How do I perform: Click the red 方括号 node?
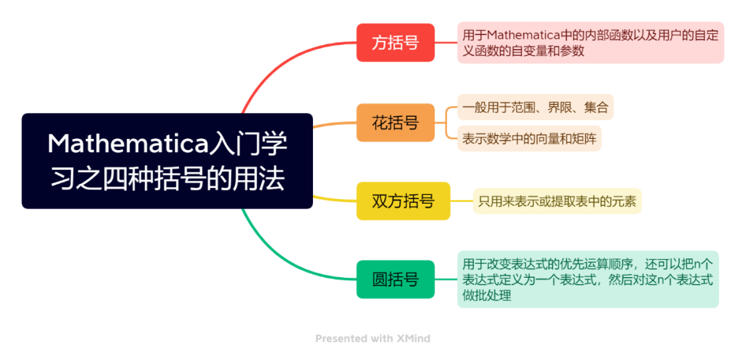pos(395,43)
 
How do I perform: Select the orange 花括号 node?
pos(395,123)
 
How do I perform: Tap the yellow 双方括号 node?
pos(403,201)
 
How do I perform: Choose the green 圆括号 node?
pos(395,279)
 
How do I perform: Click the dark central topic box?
pos(167,161)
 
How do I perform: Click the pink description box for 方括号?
pos(590,42)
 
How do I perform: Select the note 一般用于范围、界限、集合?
pos(535,107)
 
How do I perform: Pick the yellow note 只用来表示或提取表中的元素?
pos(557,201)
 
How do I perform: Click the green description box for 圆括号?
pos(587,279)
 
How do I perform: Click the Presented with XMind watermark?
pos(372,339)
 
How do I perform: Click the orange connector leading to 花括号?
pos(334,124)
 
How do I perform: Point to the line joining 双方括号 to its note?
pos(461,201)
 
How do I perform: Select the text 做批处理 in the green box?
pos(487,295)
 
